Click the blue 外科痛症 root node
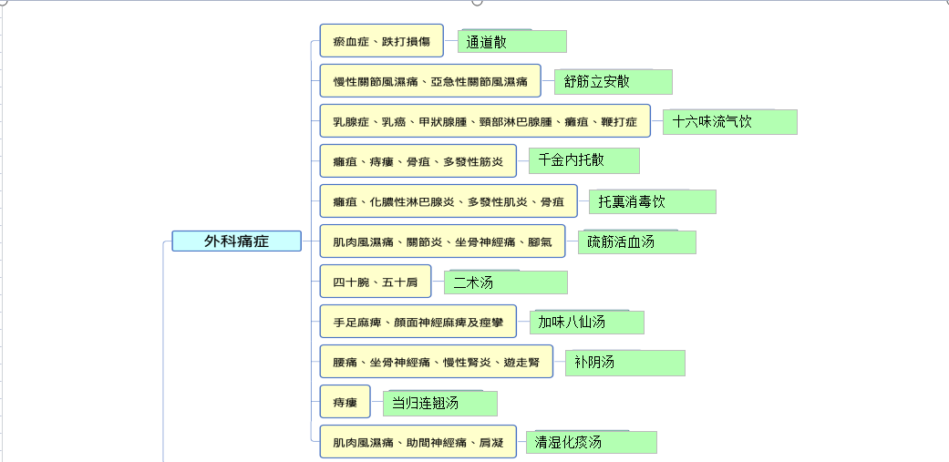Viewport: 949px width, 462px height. tap(237, 241)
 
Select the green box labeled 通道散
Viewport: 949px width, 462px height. tap(512, 41)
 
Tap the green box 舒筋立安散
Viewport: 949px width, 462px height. tap(614, 82)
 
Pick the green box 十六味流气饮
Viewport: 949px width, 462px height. tap(730, 121)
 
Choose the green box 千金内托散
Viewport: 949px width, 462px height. tap(584, 160)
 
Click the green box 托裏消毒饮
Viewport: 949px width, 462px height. tap(653, 201)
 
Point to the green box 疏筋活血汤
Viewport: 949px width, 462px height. tap(636, 241)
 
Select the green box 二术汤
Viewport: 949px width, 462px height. tap(506, 282)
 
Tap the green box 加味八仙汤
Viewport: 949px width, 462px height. tap(586, 322)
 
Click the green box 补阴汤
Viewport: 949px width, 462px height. tap(625, 363)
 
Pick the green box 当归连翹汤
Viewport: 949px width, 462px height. tap(440, 404)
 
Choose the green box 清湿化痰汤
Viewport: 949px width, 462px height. tap(592, 442)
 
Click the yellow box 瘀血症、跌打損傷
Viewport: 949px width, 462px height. tap(381, 40)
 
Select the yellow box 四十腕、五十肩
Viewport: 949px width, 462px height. tap(376, 282)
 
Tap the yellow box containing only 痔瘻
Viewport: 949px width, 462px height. tap(345, 402)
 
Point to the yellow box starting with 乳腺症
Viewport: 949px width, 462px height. tap(485, 121)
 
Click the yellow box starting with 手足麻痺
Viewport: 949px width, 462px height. tap(418, 321)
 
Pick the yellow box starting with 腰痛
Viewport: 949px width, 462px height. tap(436, 362)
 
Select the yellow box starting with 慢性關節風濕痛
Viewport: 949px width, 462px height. tap(430, 80)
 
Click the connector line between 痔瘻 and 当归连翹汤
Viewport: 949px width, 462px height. tap(377, 402)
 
